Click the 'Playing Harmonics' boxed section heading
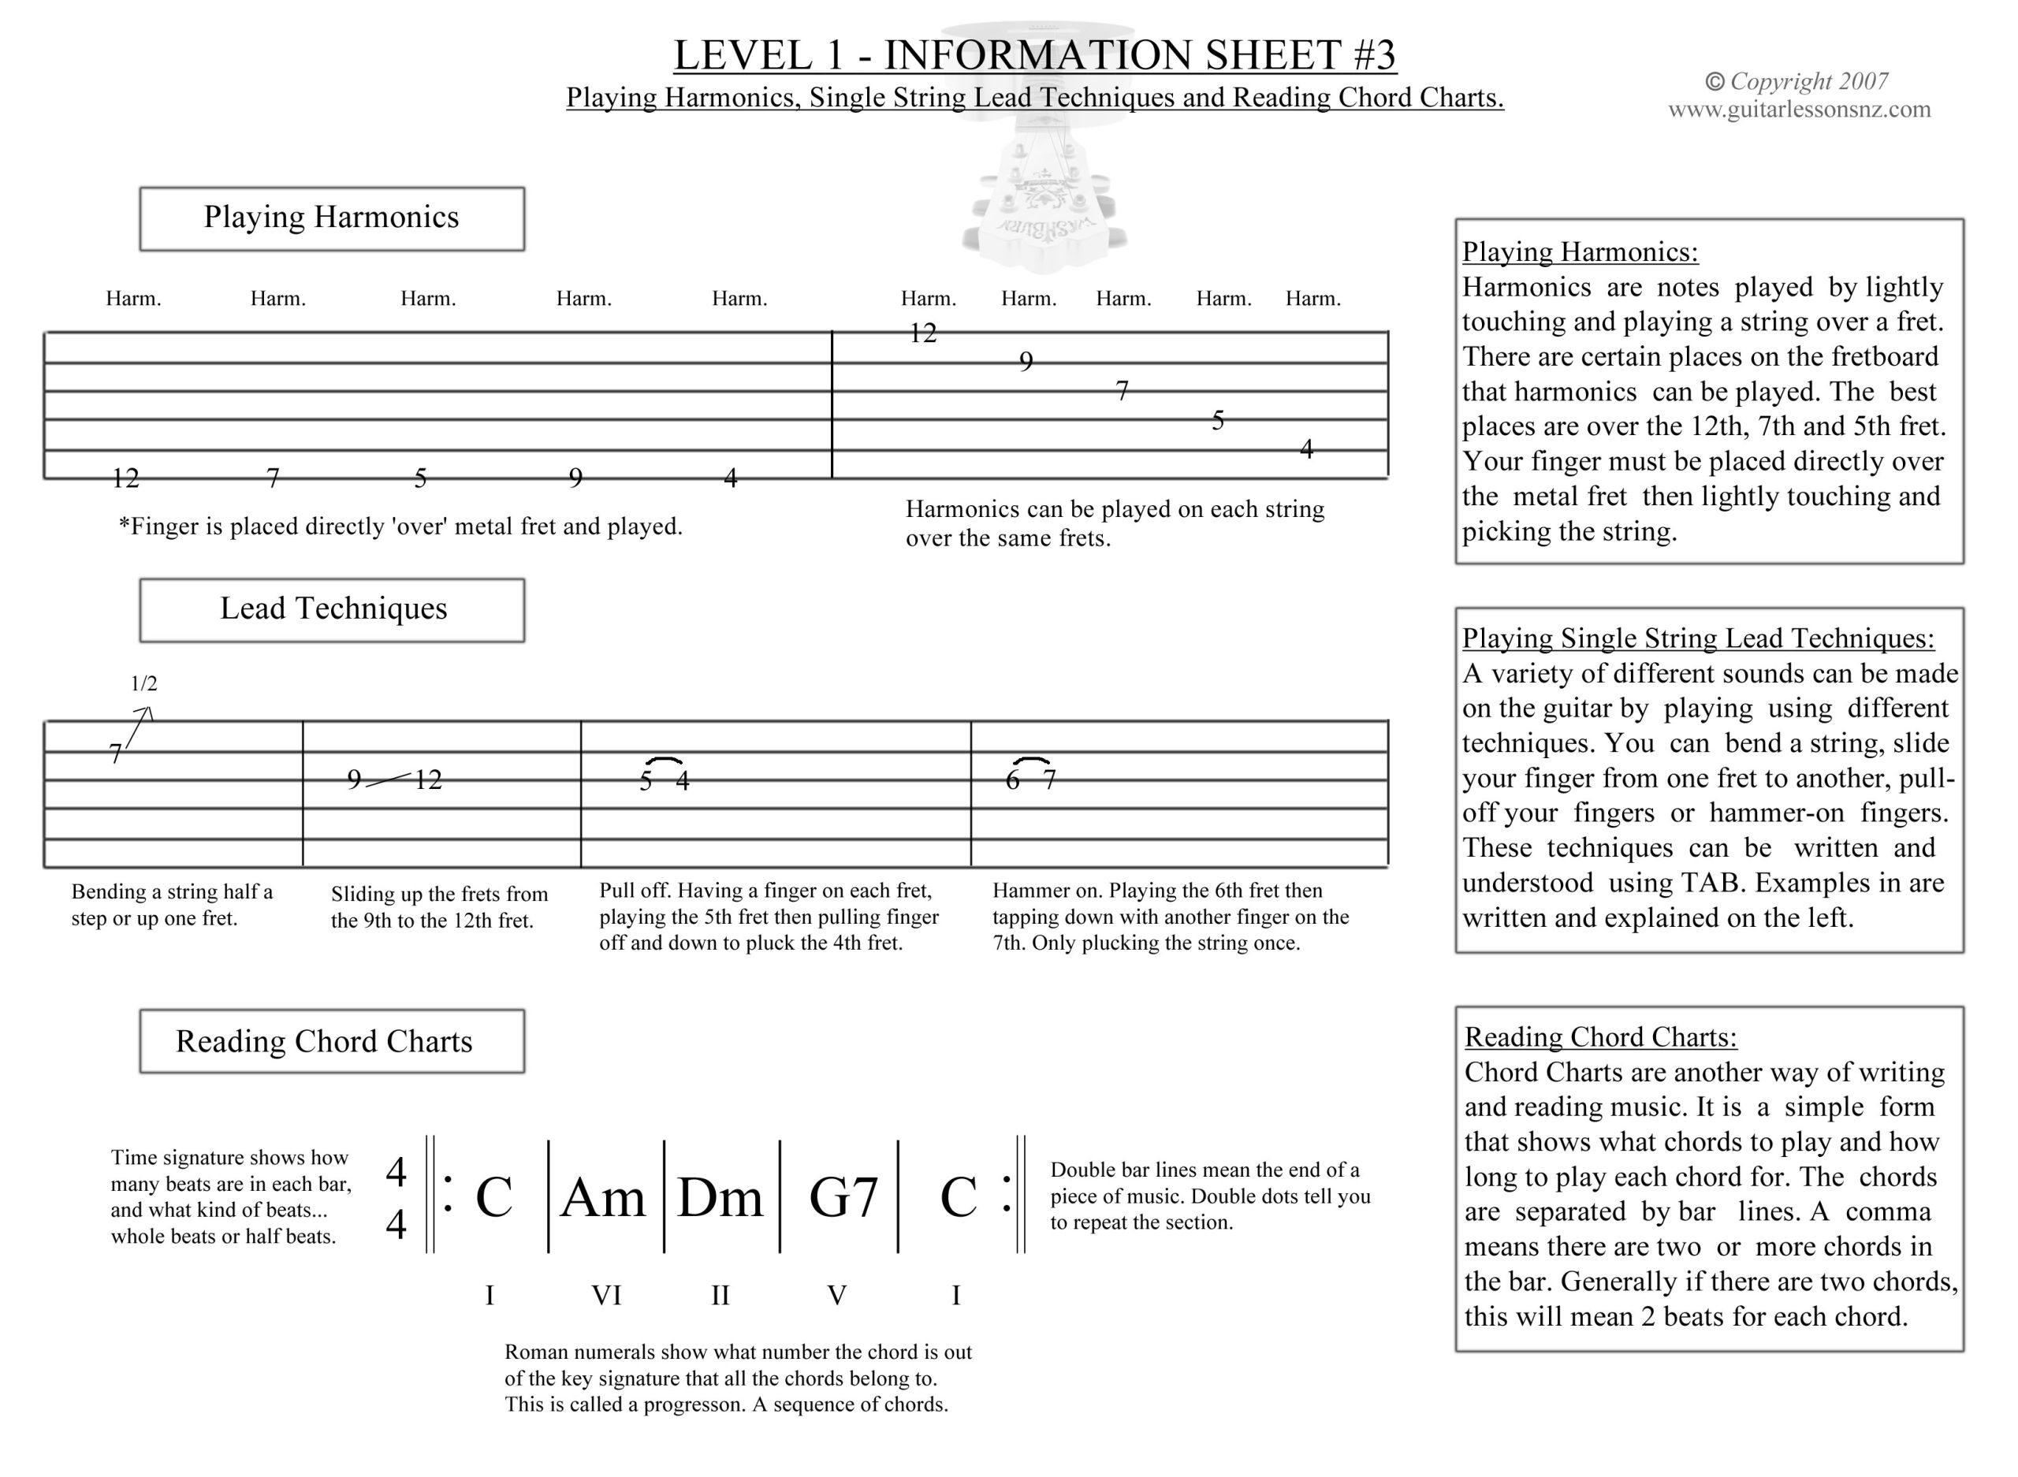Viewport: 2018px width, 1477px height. [x=332, y=218]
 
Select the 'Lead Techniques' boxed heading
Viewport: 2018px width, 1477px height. [x=332, y=610]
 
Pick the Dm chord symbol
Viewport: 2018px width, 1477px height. [x=720, y=1197]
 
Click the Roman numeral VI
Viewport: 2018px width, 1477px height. [x=606, y=1295]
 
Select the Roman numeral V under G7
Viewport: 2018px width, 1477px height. [x=836, y=1295]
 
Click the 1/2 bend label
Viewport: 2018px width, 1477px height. [x=144, y=684]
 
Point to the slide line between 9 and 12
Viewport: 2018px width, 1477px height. [x=389, y=780]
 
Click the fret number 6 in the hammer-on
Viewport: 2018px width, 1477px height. [x=1012, y=780]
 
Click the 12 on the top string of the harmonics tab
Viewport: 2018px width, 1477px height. [x=923, y=333]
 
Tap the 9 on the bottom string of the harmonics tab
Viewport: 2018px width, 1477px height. [x=575, y=478]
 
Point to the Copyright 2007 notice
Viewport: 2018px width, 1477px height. [x=1797, y=81]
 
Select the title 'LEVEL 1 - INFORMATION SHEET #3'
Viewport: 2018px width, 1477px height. [x=1034, y=55]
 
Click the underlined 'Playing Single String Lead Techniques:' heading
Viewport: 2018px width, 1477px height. [x=1698, y=638]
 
